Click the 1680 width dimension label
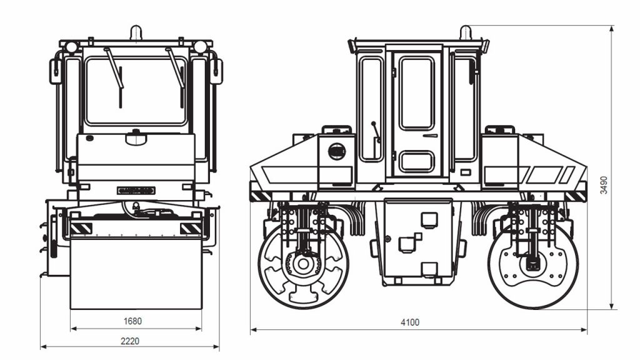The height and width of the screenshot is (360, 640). (x=132, y=321)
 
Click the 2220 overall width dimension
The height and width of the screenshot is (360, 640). (x=130, y=341)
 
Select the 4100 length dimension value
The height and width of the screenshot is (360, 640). (x=410, y=322)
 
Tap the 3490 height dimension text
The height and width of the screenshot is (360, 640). (x=604, y=185)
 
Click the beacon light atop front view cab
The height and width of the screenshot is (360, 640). (x=136, y=32)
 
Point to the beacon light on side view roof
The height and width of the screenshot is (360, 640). (x=466, y=32)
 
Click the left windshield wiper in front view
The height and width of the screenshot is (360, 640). (x=114, y=67)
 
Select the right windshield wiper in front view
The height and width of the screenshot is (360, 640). (x=175, y=67)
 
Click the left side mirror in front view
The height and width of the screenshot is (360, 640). (x=56, y=71)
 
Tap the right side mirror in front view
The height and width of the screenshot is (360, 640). (x=216, y=71)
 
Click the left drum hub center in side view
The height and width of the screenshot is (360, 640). (x=303, y=264)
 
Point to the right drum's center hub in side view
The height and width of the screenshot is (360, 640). (x=531, y=263)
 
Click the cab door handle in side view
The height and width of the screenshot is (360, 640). (x=430, y=136)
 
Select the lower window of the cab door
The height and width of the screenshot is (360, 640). (x=416, y=161)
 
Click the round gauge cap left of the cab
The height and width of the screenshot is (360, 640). (x=337, y=151)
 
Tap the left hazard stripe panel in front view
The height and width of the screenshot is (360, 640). (x=81, y=229)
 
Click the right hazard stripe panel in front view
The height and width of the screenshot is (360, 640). (x=191, y=229)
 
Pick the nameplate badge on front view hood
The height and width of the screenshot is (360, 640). (x=136, y=191)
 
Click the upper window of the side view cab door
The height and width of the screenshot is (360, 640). (x=416, y=94)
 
